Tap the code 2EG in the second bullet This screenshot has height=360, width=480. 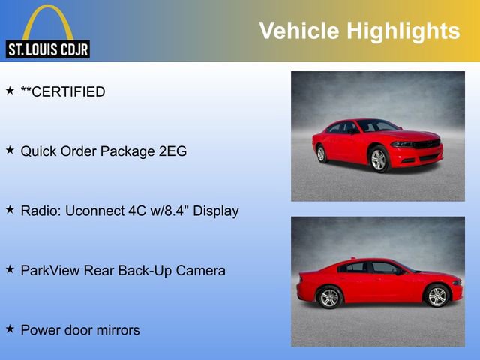pos(171,151)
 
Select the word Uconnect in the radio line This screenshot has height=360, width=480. pos(94,211)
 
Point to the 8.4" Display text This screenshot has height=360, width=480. pos(204,211)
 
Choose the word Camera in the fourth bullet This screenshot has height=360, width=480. pos(200,270)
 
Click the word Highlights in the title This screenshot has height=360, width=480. pos(402,31)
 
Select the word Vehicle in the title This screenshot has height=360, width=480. pos(298,31)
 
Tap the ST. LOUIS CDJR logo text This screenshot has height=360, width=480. pos(47,50)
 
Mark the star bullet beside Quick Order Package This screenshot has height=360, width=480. pos(10,151)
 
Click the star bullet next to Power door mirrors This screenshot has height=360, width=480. pos(10,328)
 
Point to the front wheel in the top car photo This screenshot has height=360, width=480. pos(379,160)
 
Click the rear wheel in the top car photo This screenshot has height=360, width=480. pos(322,154)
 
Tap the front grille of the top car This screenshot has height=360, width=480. pos(426,143)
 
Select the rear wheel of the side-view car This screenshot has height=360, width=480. pos(329,298)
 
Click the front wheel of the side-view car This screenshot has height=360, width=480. pos(436,296)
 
